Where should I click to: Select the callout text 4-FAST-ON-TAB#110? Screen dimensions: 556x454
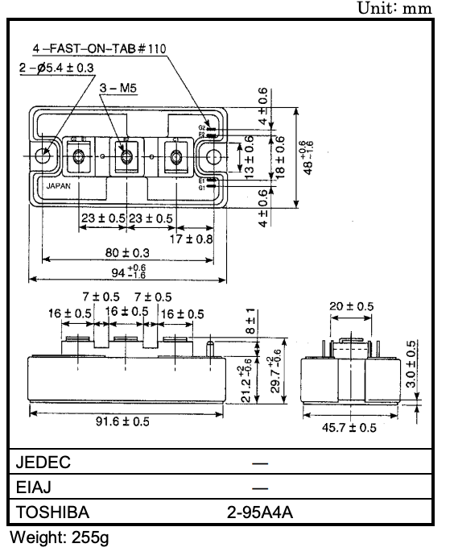pyautogui.click(x=105, y=49)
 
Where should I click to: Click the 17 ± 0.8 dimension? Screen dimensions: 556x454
pyautogui.click(x=192, y=239)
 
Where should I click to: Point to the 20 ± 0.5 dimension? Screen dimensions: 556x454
pyautogui.click(x=352, y=306)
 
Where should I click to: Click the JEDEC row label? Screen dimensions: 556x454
pyautogui.click(x=43, y=463)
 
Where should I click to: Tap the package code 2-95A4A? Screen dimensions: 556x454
pyautogui.click(x=260, y=512)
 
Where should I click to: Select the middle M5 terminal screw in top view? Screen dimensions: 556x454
pyautogui.click(x=127, y=154)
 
